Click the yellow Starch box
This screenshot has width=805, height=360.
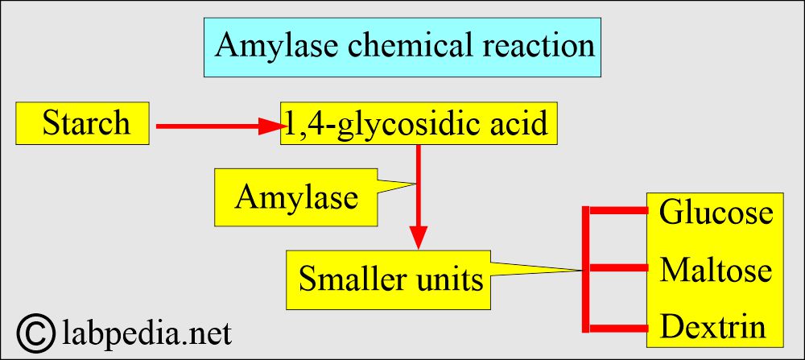pos(84,124)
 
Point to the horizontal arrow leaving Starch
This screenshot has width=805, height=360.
pos(209,126)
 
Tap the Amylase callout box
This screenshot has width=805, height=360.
pos(295,197)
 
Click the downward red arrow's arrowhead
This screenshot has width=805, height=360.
pos(418,238)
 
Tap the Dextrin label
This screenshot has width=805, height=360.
pos(712,327)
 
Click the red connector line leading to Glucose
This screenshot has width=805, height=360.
pos(618,211)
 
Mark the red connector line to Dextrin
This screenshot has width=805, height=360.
pos(618,327)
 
